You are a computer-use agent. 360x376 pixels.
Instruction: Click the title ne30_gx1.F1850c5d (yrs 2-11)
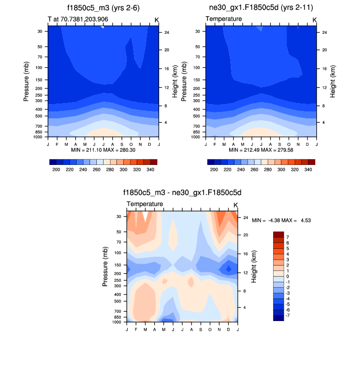[x=261, y=8]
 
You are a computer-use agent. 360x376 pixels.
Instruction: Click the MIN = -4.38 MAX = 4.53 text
[x=281, y=220]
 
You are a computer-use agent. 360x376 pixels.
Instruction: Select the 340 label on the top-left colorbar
[x=151, y=169]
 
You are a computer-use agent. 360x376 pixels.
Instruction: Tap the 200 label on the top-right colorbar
[x=214, y=169]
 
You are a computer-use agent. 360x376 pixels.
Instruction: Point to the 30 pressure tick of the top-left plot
[x=39, y=31]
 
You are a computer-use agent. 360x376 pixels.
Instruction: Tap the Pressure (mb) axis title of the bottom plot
[x=106, y=267]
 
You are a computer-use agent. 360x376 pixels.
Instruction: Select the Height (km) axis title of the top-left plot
[x=174, y=81]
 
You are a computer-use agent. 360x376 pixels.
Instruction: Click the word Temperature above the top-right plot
[x=223, y=19]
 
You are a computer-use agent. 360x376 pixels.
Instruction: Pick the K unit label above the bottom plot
[x=235, y=205]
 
